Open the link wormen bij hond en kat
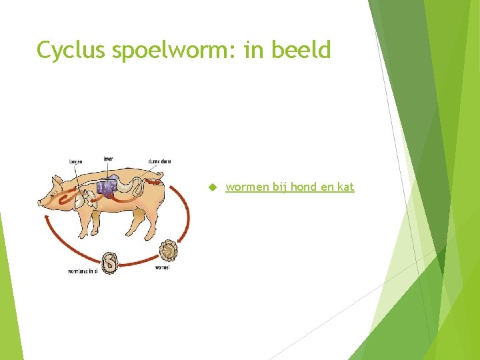289,187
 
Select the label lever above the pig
108,159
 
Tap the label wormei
162,267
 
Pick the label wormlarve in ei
83,271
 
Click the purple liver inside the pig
107,187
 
